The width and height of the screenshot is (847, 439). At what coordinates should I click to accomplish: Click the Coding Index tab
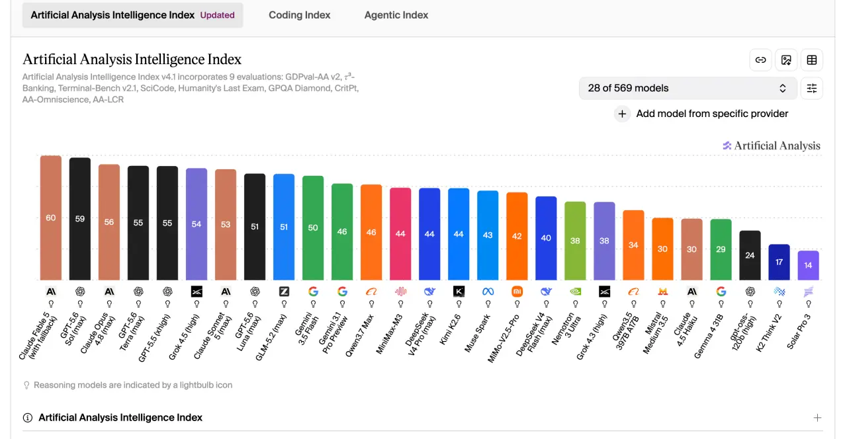300,15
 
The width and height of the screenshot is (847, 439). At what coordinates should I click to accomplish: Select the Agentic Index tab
396,15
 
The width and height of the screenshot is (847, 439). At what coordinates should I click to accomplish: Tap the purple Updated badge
218,15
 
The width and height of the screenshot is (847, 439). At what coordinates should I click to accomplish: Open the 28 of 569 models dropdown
688,89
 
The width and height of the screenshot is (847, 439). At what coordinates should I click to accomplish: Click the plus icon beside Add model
622,114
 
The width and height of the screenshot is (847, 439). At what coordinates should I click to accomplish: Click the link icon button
760,60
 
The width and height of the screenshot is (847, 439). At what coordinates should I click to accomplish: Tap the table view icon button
812,60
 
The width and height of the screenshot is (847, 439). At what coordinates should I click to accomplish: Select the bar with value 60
51,218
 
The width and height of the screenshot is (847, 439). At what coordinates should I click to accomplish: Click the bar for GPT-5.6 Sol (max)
80,219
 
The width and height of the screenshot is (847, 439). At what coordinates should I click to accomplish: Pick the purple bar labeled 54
197,224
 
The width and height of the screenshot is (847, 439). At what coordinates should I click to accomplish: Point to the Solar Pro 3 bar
808,265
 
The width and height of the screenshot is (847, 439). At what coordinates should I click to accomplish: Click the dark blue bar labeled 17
779,262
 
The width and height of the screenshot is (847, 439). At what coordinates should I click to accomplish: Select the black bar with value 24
750,255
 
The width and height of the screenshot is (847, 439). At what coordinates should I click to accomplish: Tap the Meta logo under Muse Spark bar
488,292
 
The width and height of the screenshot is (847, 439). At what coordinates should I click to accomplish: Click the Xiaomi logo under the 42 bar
517,292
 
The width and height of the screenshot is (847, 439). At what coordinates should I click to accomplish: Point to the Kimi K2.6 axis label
450,329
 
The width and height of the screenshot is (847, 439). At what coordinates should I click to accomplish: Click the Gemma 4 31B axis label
708,337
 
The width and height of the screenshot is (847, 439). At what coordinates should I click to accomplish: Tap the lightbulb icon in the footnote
26,385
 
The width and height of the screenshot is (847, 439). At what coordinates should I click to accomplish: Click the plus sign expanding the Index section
817,417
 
